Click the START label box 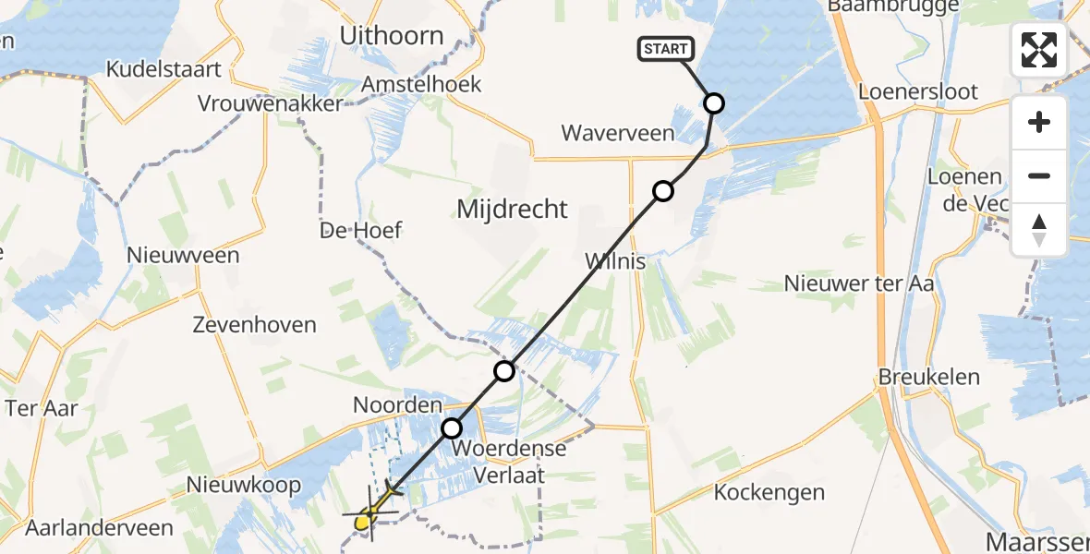(x=665, y=49)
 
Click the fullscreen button (x=1039, y=50)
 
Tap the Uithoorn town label (x=392, y=36)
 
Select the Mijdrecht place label (x=513, y=210)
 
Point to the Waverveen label (x=618, y=134)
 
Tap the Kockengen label (x=769, y=493)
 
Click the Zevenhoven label (x=254, y=325)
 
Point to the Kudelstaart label (x=163, y=69)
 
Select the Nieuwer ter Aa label (x=859, y=283)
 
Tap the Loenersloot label (x=918, y=92)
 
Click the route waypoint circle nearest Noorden (x=452, y=428)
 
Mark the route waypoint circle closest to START (x=714, y=103)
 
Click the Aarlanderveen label (x=99, y=528)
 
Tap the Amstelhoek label (x=421, y=84)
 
